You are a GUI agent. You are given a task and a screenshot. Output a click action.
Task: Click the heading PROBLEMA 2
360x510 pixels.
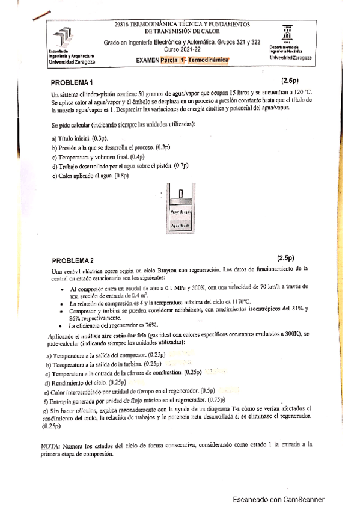pyautogui.click(x=72, y=260)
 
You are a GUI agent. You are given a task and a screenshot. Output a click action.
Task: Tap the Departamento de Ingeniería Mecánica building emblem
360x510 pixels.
pyautogui.click(x=287, y=34)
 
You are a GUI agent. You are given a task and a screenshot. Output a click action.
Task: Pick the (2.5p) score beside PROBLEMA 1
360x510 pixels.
pyautogui.click(x=293, y=80)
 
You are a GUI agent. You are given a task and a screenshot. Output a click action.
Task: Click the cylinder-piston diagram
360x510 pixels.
pyautogui.click(x=181, y=210)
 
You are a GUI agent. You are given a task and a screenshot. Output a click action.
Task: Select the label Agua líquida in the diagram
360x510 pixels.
pyautogui.click(x=181, y=225)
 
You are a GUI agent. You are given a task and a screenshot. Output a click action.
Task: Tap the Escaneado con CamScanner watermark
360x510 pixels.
pyautogui.click(x=278, y=499)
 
